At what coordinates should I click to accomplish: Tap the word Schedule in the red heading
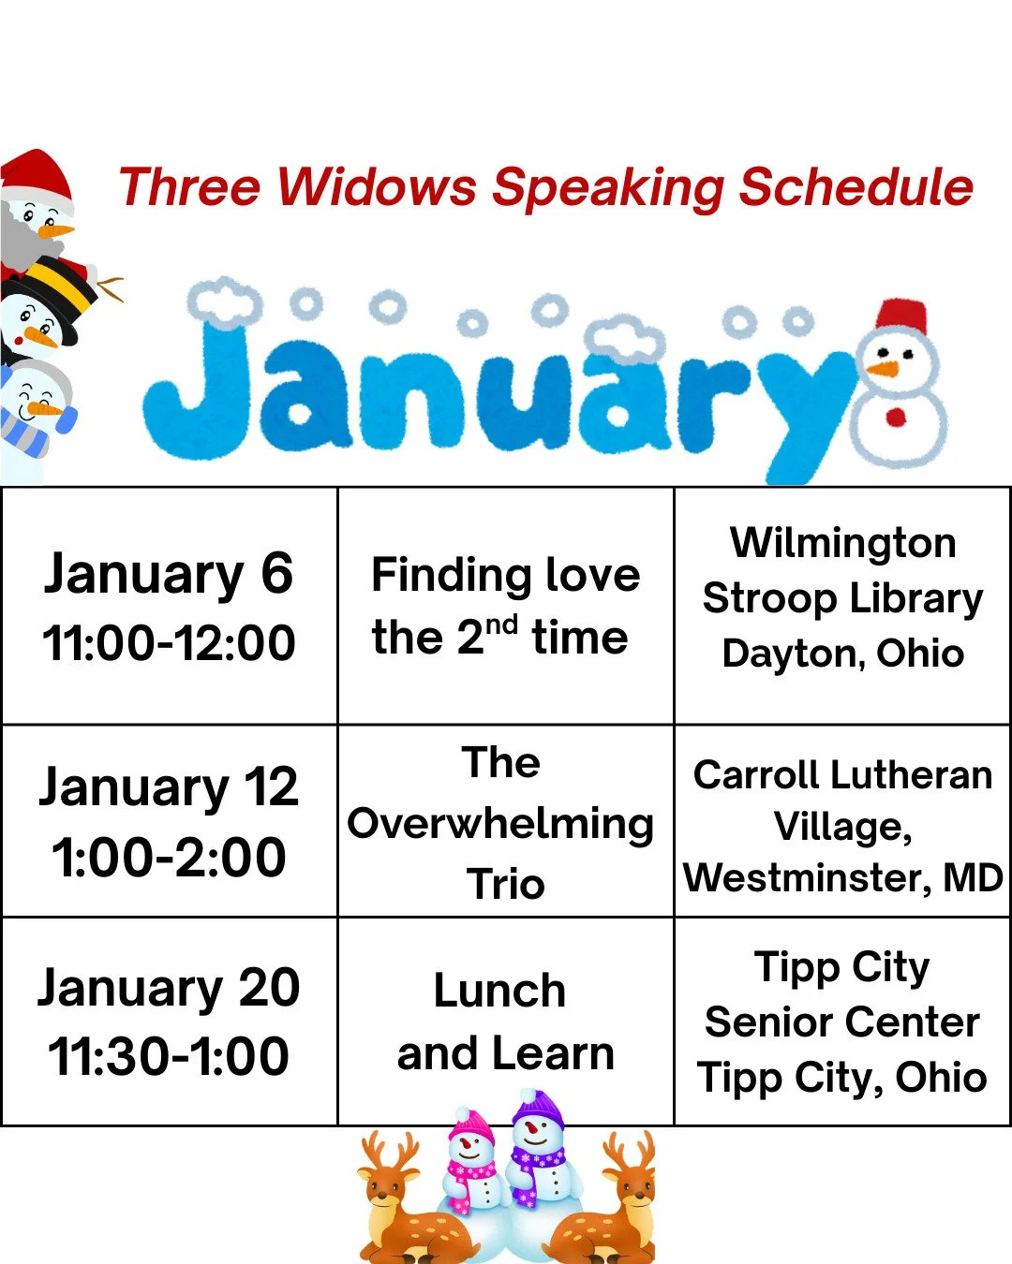(x=856, y=188)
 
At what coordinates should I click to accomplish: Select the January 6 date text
(x=169, y=574)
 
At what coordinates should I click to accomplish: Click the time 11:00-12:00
(x=169, y=643)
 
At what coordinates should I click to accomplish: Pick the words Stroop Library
(x=842, y=598)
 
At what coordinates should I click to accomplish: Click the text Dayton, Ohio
(x=842, y=654)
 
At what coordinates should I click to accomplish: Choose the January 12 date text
(x=169, y=787)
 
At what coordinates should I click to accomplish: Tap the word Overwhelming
(x=500, y=824)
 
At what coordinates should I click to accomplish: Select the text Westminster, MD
(x=842, y=878)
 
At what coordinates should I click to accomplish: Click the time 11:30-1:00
(x=169, y=1056)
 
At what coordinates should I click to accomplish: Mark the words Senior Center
(x=842, y=1021)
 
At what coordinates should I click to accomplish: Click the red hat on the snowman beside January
(x=900, y=316)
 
